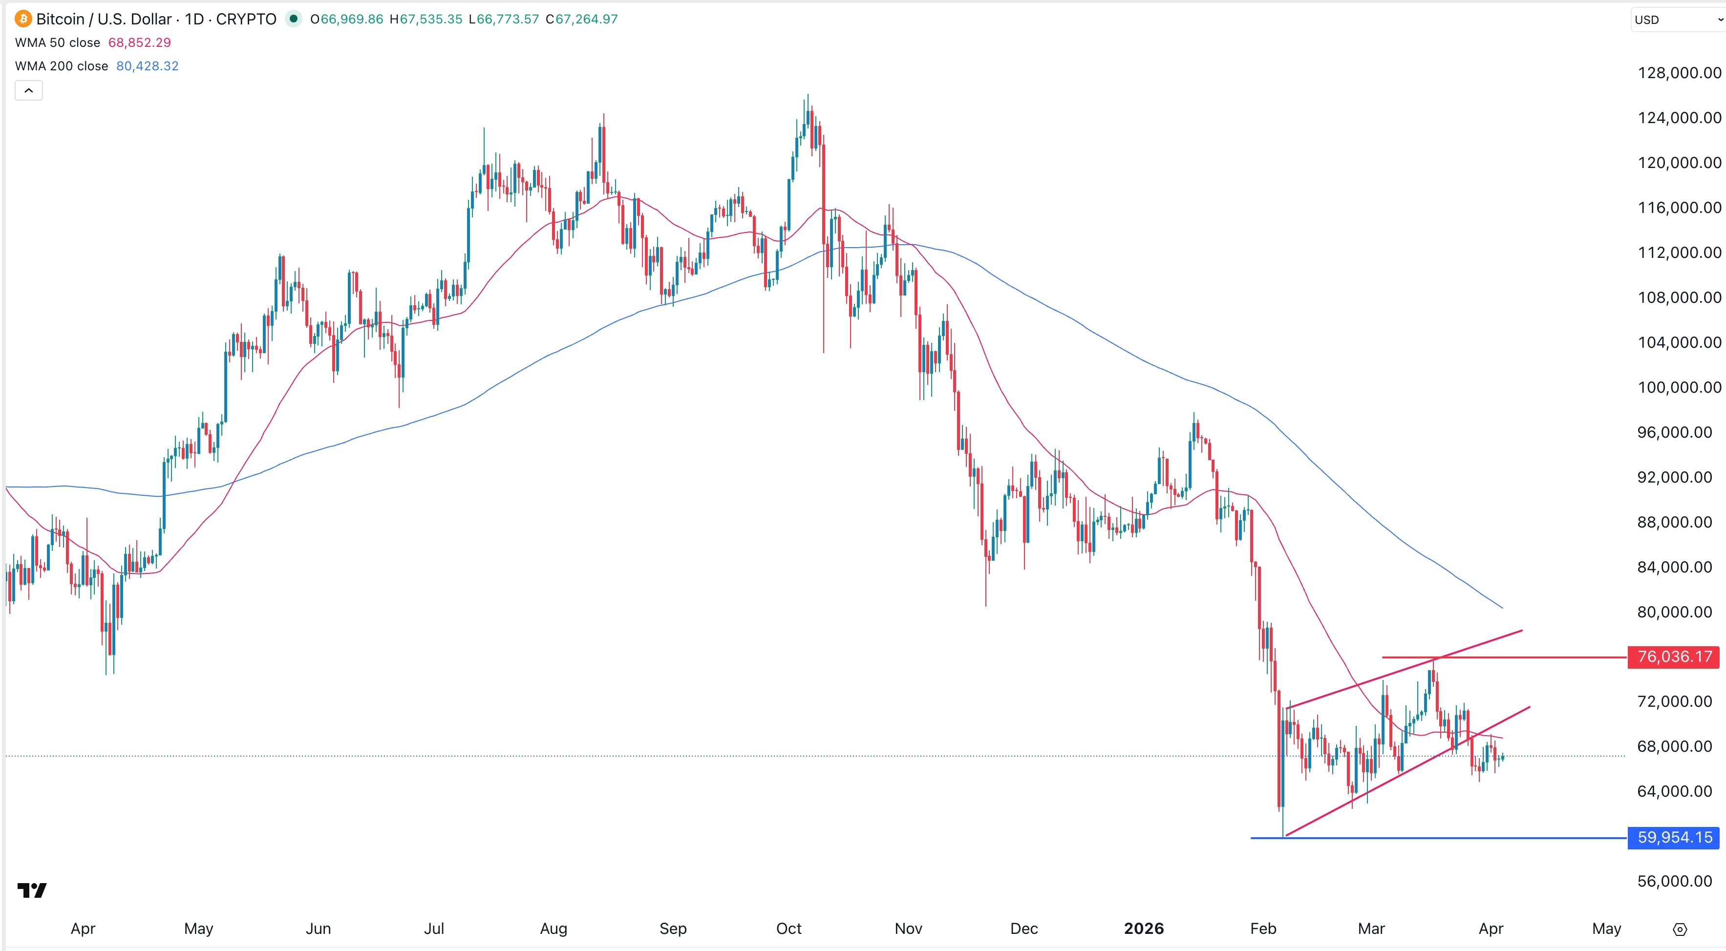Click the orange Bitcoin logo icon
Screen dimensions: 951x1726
click(23, 19)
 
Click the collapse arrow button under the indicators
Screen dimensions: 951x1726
click(29, 90)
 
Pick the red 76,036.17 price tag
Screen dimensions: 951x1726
click(1673, 657)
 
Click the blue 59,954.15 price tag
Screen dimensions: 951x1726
click(1673, 838)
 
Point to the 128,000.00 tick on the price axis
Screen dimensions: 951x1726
click(1679, 73)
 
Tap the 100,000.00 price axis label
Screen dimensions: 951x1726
click(1679, 388)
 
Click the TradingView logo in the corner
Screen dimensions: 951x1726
click(31, 890)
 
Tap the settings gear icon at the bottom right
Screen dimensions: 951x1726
click(1680, 930)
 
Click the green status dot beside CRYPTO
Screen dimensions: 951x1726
click(294, 19)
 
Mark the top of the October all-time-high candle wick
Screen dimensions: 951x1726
click(808, 94)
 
